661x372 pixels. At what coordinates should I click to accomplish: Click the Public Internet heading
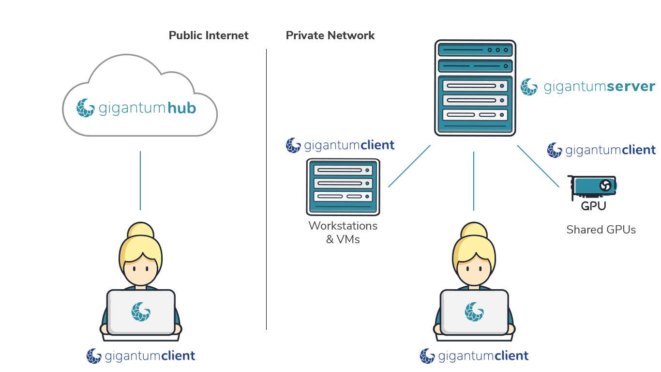tap(209, 35)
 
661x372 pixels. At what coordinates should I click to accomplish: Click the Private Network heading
tap(330, 35)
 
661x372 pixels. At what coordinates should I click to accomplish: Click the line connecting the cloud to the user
tap(140, 180)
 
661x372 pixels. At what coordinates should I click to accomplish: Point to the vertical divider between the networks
tap(266, 189)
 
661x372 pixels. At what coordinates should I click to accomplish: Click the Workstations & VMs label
tap(343, 232)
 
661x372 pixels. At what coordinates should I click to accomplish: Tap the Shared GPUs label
tap(601, 230)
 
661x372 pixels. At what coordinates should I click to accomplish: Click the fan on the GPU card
tap(605, 185)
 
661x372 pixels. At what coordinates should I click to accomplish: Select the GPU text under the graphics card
tap(593, 206)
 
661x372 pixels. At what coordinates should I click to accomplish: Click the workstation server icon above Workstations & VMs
tap(343, 187)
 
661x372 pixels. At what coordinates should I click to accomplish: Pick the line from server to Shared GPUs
tap(538, 166)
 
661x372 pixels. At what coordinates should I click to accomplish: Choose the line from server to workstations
tap(409, 166)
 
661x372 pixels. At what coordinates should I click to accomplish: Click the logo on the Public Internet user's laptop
tap(141, 311)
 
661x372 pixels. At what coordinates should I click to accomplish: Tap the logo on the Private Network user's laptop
tap(474, 311)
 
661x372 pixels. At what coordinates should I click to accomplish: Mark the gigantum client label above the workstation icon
tap(340, 145)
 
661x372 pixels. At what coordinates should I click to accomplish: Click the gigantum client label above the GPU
tap(601, 150)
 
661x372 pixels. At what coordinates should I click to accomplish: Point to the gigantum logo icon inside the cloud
tap(85, 108)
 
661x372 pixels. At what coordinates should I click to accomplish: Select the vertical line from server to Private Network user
tap(474, 181)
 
